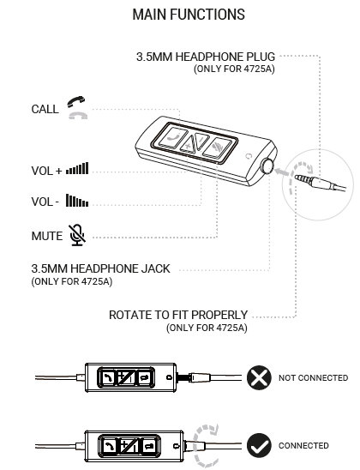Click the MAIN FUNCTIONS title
189,15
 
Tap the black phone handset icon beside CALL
76,101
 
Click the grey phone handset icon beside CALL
78,116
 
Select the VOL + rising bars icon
77,168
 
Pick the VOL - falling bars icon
77,200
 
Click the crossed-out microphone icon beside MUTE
77,235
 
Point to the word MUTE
47,236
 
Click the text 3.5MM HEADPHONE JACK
100,268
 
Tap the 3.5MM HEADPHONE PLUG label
206,57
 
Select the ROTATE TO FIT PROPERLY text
178,315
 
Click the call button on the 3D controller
173,136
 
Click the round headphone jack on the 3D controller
267,166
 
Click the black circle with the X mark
259,377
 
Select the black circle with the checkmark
259,445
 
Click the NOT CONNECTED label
313,377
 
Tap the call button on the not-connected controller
107,377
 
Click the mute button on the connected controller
149,446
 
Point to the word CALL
45,109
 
